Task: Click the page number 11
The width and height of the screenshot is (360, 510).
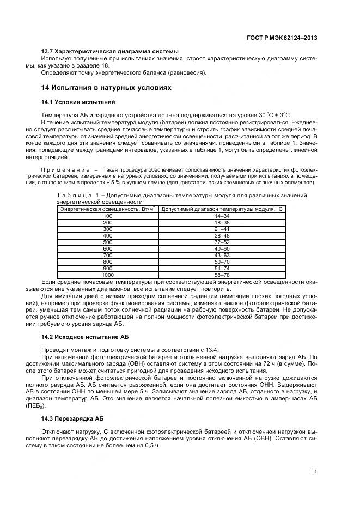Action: [x=314, y=472]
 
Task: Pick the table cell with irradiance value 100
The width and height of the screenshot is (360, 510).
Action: [x=107, y=216]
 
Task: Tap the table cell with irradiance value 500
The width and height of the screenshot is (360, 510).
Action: [x=107, y=241]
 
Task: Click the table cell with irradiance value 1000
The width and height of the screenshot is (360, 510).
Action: [x=107, y=274]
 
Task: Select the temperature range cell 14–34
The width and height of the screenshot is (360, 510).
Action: [x=207, y=216]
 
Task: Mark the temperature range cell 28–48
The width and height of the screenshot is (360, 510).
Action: [x=207, y=235]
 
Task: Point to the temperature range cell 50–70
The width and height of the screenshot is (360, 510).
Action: [x=207, y=261]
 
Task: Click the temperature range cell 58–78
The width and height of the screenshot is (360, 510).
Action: [x=207, y=274]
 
